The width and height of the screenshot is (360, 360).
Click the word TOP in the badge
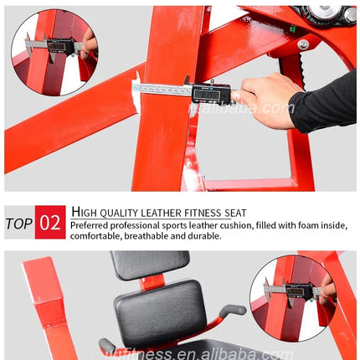[19, 223]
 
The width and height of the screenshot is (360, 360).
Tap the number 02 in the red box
[50, 223]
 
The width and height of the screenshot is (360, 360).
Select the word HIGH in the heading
[85, 212]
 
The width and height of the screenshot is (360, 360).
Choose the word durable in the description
[204, 236]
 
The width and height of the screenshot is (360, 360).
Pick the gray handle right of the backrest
[230, 311]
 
